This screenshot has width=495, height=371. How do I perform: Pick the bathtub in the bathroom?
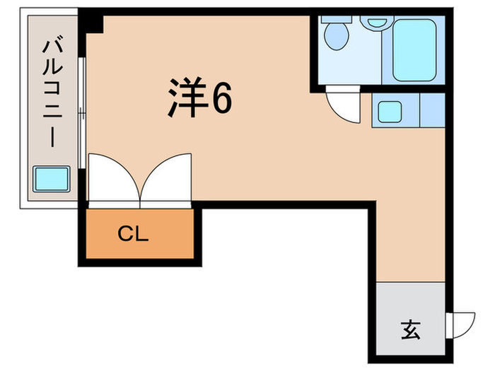[413, 49]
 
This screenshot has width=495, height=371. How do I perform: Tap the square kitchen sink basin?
[388, 111]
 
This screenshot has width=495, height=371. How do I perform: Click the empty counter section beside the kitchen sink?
[431, 110]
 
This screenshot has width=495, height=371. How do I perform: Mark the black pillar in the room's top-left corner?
[93, 22]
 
